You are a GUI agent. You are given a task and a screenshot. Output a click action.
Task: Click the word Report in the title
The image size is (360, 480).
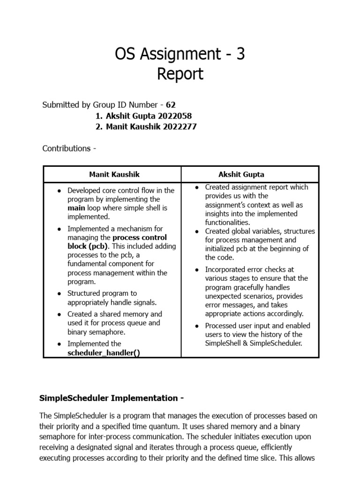point(180,74)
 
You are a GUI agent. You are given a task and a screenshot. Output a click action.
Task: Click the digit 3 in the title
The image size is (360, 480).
point(240,55)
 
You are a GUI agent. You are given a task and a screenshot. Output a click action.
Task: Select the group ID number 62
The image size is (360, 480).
point(171,105)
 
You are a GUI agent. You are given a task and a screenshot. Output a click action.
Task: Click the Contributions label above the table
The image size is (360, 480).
point(69,148)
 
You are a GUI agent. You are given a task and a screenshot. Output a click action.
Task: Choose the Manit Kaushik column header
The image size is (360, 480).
point(114,174)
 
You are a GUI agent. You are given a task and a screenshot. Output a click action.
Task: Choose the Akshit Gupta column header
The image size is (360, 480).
point(241,174)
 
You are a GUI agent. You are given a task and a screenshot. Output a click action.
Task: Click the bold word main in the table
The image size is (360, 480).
point(77,208)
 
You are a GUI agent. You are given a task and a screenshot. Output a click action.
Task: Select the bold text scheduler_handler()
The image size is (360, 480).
point(103,353)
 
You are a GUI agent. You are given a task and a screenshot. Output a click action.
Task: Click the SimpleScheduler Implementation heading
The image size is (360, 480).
point(111,398)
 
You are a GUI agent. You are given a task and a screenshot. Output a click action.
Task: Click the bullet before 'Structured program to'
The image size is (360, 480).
point(59,293)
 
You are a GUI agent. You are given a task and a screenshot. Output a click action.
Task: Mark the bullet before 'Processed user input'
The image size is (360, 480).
point(197,326)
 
